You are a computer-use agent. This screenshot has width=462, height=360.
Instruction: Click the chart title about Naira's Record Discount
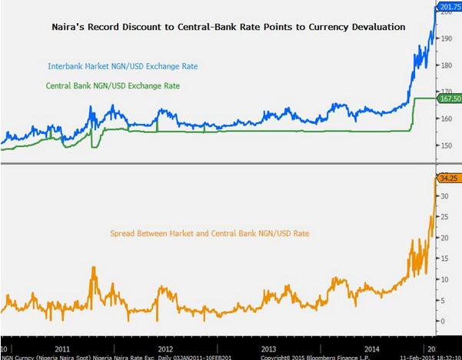point(225,27)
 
